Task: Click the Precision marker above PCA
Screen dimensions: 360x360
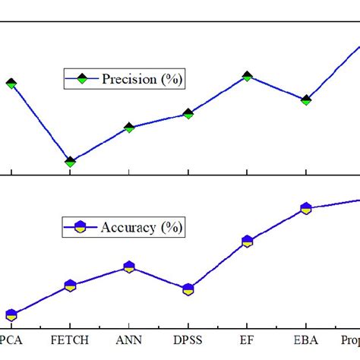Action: click(11, 83)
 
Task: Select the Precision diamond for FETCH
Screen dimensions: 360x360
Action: click(70, 162)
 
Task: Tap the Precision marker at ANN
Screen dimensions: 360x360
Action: click(129, 128)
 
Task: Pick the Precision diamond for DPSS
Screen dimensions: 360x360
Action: click(188, 114)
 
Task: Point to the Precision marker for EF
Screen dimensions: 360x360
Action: click(248, 76)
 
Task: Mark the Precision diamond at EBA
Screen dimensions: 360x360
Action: click(306, 99)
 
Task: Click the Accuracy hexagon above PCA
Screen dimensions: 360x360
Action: click(11, 314)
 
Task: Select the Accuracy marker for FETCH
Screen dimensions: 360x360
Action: click(70, 286)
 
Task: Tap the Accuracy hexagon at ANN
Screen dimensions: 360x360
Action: click(129, 267)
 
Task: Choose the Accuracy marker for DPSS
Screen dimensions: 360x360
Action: click(188, 289)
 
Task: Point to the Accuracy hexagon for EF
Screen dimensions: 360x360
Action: click(248, 242)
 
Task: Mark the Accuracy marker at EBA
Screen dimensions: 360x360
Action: click(306, 208)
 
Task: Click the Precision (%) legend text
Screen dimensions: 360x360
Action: click(143, 79)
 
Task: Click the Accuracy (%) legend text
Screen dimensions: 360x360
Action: click(144, 227)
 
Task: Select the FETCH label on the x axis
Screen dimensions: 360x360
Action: click(70, 342)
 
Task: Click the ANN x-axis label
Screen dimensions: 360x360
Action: click(129, 342)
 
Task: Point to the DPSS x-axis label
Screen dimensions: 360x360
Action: click(188, 342)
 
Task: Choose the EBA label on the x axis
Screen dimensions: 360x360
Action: click(306, 342)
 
